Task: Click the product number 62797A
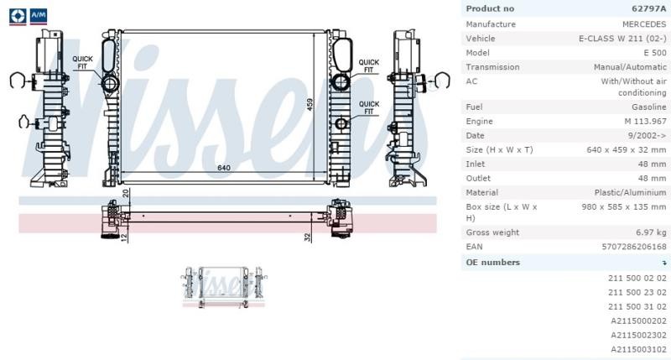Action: tap(648, 8)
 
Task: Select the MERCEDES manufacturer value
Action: tap(644, 24)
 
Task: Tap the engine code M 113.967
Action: tap(645, 121)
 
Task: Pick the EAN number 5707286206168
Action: tap(634, 247)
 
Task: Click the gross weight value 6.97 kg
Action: tap(651, 232)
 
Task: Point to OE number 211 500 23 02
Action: tap(637, 292)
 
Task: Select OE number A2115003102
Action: tap(638, 349)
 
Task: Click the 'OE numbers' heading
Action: tap(492, 262)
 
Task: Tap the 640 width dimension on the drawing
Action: tap(223, 168)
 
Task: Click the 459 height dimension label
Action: tap(310, 104)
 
